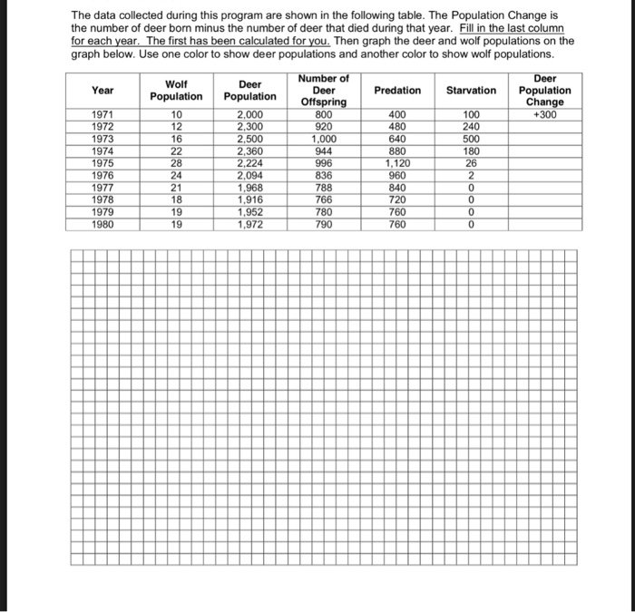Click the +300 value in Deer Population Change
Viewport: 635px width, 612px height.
[545, 114]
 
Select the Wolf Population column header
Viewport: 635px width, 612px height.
[177, 90]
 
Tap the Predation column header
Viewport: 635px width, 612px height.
[397, 90]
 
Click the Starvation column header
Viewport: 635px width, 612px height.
[471, 90]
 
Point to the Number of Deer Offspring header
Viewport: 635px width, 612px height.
[324, 90]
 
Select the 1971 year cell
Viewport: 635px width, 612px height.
[103, 114]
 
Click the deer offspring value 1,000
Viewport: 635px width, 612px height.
[324, 140]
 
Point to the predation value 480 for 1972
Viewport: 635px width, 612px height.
[397, 127]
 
